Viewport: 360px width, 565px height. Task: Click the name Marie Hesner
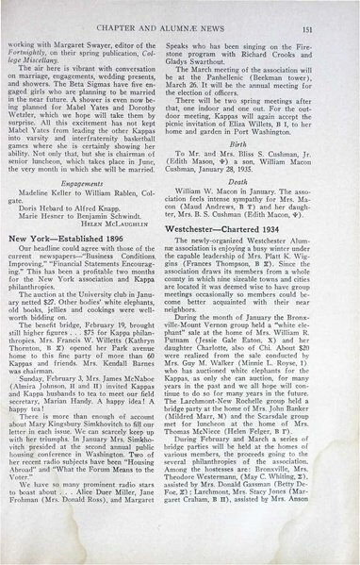(x=64, y=224)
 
